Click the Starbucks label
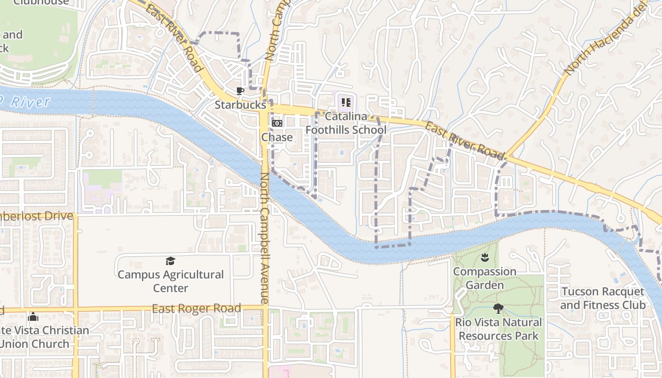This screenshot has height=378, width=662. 240,104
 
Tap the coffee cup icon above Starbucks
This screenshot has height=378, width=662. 240,91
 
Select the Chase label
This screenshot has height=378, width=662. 277,137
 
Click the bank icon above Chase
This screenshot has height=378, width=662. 277,123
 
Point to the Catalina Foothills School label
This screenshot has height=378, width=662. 346,123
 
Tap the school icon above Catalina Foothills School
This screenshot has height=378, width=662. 346,102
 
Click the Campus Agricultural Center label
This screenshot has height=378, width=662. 171,281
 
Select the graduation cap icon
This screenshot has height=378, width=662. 171,261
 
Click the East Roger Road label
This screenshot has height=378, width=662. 196,309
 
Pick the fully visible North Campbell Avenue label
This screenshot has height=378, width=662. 265,239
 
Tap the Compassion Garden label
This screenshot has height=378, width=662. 485,278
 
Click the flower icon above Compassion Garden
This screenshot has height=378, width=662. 485,258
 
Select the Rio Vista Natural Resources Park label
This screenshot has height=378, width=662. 498,329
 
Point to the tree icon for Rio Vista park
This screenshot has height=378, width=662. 498,309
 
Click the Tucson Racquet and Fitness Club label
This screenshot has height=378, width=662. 603,298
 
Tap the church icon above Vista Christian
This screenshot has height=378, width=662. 33,317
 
